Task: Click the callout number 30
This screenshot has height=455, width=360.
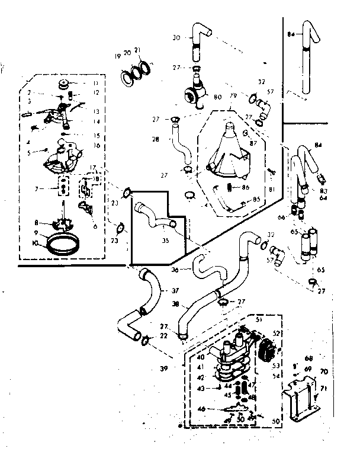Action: pyautogui.click(x=176, y=38)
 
